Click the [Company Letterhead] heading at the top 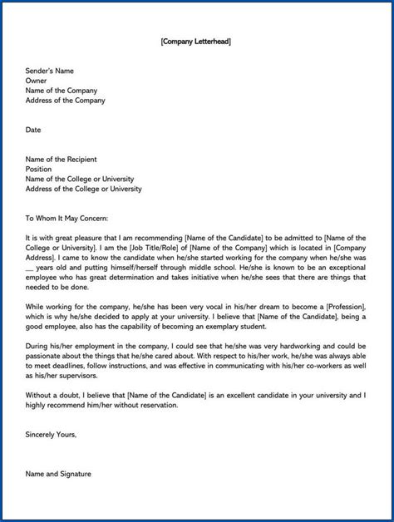196,41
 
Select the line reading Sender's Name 52,71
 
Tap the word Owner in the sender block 37,81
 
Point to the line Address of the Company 66,101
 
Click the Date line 33,130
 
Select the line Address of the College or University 83,189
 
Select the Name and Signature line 58,474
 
